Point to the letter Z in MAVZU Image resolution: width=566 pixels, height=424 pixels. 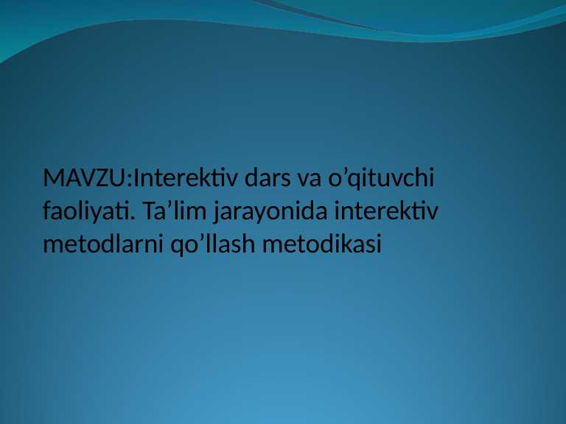coord(104,179)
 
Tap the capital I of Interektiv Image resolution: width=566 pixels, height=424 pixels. coord(136,179)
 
